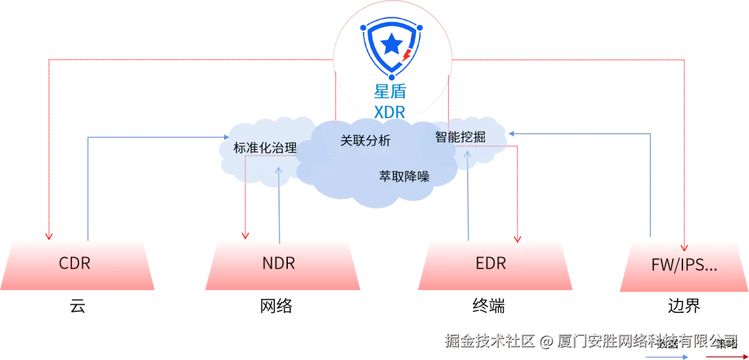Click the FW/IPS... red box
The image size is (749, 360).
click(684, 264)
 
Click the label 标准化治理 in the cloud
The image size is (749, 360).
click(265, 148)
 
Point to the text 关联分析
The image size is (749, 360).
click(365, 141)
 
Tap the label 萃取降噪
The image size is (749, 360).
click(404, 176)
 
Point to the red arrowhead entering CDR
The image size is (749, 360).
click(47, 235)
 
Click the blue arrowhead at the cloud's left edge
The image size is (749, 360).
click(227, 137)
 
